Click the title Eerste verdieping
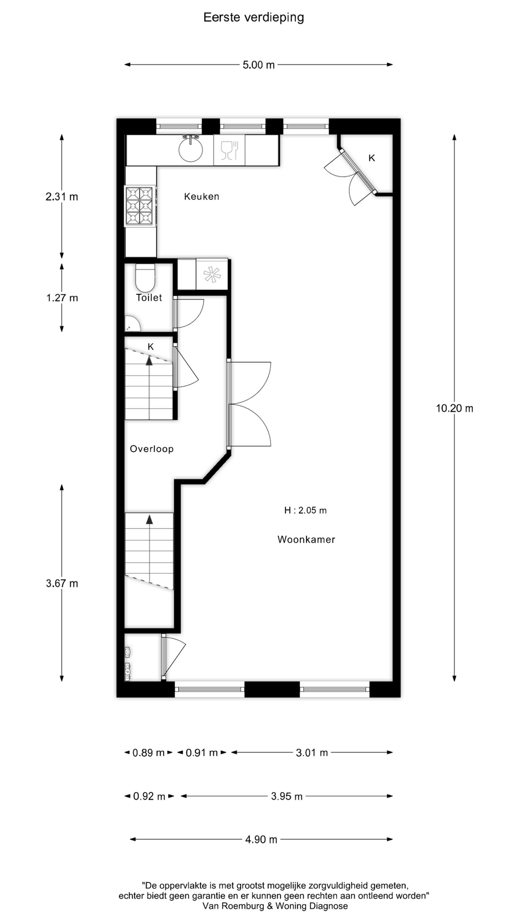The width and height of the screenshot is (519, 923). click(254, 18)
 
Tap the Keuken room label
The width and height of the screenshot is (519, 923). click(202, 197)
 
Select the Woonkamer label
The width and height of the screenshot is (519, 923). click(306, 539)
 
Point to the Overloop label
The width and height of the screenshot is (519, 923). click(152, 449)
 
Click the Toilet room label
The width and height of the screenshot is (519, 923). click(149, 298)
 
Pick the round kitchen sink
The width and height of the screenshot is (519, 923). click(191, 149)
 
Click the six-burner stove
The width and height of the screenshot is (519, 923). click(140, 206)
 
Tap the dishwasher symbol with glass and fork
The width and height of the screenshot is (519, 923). click(229, 150)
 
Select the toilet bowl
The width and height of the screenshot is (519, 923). click(145, 277)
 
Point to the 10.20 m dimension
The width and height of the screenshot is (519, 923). click(455, 408)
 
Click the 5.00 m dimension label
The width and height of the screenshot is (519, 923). click(259, 65)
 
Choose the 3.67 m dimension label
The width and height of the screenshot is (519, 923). click(62, 583)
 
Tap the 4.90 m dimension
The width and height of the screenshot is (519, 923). click(261, 839)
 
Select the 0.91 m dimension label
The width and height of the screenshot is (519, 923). click(202, 753)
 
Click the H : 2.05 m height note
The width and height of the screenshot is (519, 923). click(306, 511)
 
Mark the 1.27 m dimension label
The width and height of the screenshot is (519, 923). click(62, 298)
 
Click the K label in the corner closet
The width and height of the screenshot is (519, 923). click(371, 158)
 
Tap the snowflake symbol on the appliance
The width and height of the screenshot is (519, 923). click(212, 274)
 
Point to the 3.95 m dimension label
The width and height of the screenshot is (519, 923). click(287, 796)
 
